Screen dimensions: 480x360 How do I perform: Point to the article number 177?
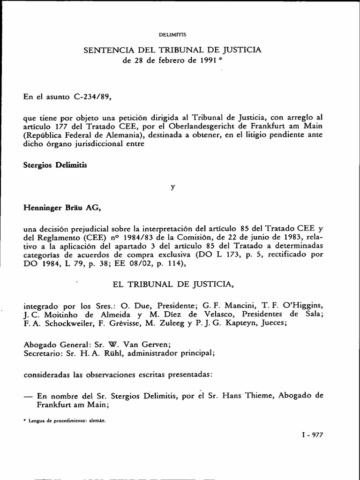pyautogui.click(x=53, y=127)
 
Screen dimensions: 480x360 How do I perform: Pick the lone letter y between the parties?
pyautogui.click(x=172, y=187)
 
